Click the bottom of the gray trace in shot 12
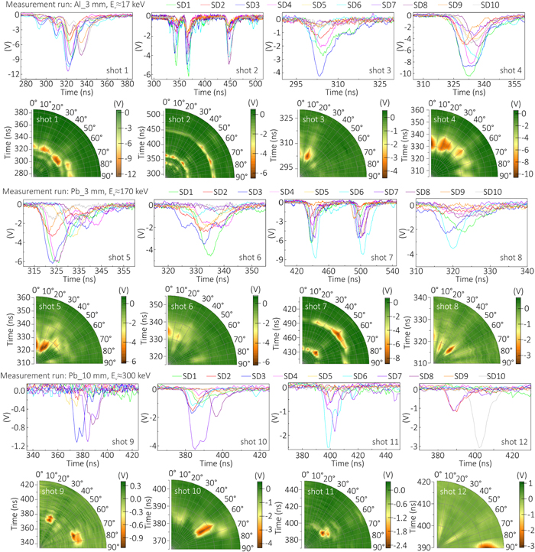pos(479,447)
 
